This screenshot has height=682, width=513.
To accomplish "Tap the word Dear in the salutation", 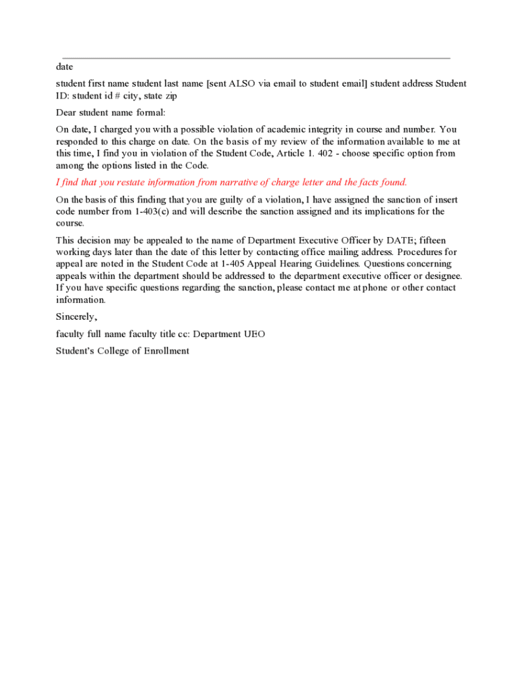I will [66, 113].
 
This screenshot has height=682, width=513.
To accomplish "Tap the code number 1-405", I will [234, 264].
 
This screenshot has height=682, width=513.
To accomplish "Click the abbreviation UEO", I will [254, 334].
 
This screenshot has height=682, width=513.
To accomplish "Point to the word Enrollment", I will [167, 351].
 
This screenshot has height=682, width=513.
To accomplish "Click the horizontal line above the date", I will [256, 59].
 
